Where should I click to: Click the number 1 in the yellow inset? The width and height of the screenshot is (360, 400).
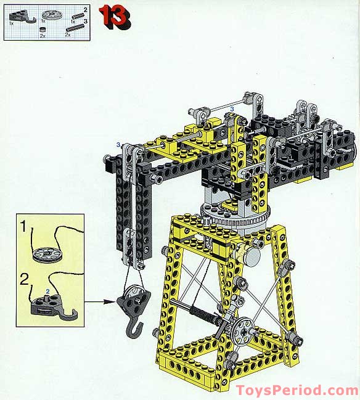click(23, 227)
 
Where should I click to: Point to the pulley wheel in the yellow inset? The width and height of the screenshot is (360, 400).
click(43, 253)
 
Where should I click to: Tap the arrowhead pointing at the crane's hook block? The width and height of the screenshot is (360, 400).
click(112, 302)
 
